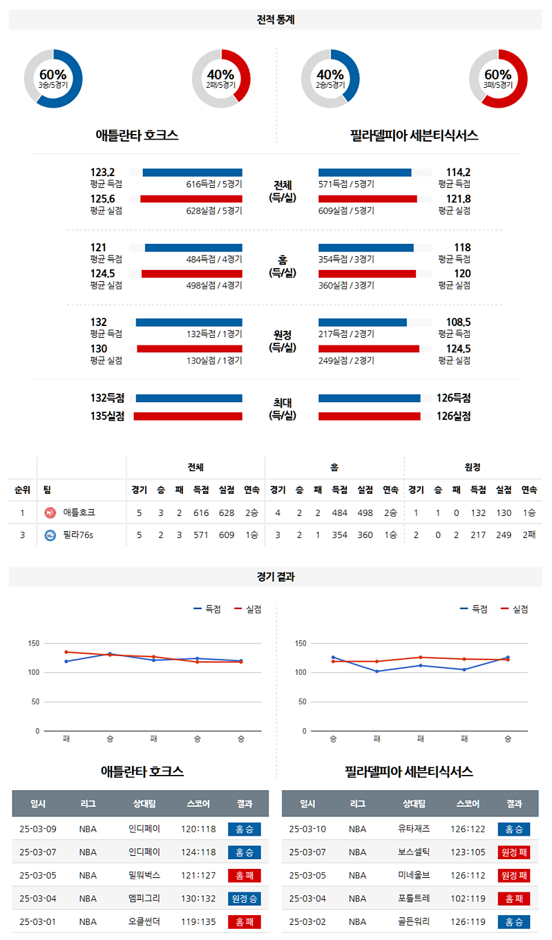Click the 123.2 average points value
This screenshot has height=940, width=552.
coord(102,173)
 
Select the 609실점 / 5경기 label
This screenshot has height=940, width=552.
coord(346,210)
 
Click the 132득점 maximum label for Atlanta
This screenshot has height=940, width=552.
coord(107,398)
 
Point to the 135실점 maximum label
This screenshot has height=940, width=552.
coord(107,416)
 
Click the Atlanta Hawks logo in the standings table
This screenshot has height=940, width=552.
coord(50,512)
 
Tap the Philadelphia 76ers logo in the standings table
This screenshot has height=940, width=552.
coord(50,535)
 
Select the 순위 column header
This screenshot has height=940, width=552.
coord(22,490)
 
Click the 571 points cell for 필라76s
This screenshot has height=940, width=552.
coord(201,535)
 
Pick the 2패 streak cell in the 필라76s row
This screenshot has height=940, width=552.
coord(530,535)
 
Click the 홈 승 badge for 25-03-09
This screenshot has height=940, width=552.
coord(245,829)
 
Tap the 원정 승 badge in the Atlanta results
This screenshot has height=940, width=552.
coord(245,899)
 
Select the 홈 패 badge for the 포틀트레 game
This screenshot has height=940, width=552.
coord(513,899)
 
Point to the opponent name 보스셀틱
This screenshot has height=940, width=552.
coord(414,852)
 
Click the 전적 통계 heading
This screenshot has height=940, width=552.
coord(276,20)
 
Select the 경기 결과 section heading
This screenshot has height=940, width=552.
coord(276,577)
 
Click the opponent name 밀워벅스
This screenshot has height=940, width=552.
coord(144,876)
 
